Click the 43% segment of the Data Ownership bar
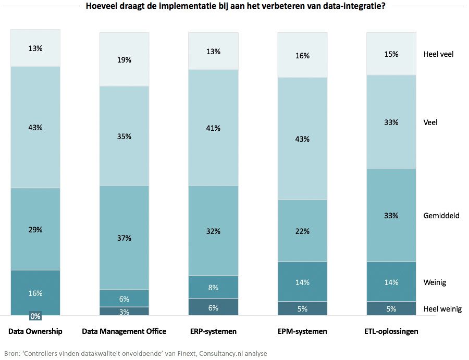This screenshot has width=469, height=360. point(35,127)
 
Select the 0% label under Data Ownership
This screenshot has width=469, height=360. point(35,316)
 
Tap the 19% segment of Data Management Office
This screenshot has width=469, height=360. point(124,59)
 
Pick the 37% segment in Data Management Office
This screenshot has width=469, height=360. point(124,238)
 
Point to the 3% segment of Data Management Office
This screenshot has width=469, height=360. point(124,311)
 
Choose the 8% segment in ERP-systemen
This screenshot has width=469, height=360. point(213,287)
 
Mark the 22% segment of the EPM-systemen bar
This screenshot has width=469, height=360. point(302,230)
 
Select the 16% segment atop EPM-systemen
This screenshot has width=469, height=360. point(302,55)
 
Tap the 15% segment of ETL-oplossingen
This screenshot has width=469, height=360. point(391,54)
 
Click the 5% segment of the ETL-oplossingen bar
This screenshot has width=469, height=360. point(391,308)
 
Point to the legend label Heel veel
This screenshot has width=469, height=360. point(438,54)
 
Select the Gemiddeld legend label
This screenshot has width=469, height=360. point(441,215)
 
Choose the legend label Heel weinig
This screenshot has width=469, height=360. point(442,309)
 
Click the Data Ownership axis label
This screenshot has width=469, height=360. point(35,331)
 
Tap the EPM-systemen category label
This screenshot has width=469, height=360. point(302,331)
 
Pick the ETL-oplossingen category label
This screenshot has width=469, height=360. point(391,331)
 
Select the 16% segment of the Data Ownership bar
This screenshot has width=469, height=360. point(35,293)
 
